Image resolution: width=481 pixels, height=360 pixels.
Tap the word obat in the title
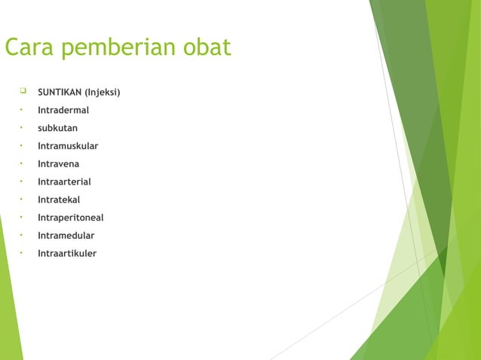coord(205,47)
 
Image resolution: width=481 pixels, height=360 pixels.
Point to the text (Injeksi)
coord(105,93)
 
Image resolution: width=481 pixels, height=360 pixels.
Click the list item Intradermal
coord(63,111)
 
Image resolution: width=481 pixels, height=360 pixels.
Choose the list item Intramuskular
coord(68,146)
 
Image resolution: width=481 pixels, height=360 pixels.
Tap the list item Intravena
coord(59,164)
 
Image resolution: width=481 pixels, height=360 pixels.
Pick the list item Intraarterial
coord(64,182)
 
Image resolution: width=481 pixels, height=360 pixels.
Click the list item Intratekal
coord(59,200)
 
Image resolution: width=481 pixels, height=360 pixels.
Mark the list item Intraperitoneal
coord(71,218)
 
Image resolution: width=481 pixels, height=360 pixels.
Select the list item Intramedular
coord(66,236)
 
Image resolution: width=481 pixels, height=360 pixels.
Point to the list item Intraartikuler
coord(67,254)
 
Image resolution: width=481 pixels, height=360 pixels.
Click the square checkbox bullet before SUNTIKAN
coord(23,92)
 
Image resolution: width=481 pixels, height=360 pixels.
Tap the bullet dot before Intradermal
coord(22,110)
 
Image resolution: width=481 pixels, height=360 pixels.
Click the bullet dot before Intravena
coord(22,163)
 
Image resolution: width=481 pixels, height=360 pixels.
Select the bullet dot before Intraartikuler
coord(22,253)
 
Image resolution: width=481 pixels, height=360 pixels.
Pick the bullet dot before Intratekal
coord(22,200)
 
